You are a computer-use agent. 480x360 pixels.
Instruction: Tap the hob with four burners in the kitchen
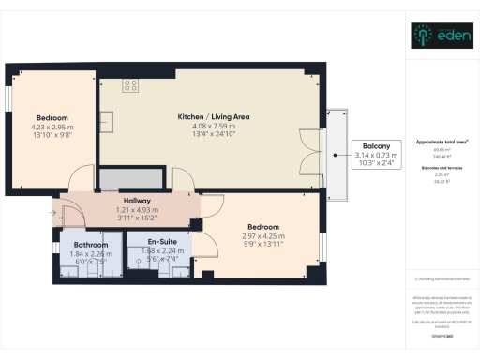[x=130, y=85]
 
